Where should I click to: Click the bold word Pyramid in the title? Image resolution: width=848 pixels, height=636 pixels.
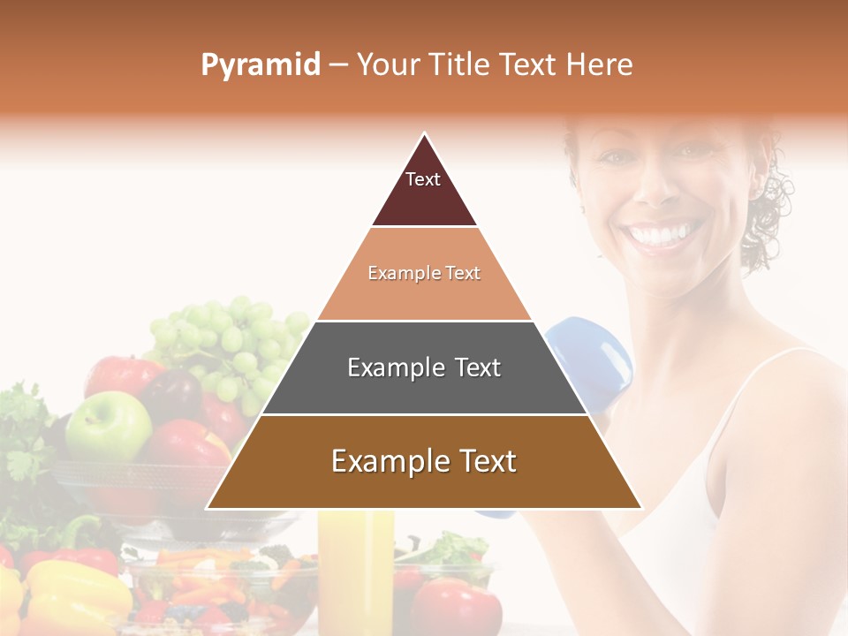tap(260, 65)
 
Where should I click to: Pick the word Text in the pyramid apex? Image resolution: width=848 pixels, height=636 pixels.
tap(423, 179)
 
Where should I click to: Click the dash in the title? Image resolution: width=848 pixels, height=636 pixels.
tap(338, 65)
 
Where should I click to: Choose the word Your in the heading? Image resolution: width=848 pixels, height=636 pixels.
tap(388, 65)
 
